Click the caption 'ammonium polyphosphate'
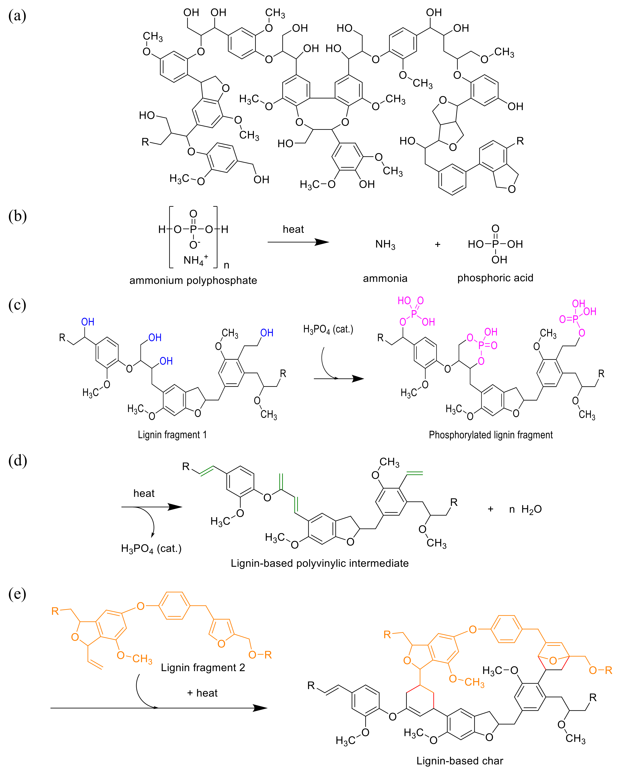tap(193, 280)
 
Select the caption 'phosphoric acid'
tap(495, 278)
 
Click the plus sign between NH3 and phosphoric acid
tap(437, 244)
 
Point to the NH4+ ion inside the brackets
tap(195, 260)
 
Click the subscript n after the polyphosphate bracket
tap(226, 265)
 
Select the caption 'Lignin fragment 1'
tap(172, 435)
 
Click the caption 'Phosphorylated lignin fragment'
tap(491, 435)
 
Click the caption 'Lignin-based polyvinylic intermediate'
tap(320, 563)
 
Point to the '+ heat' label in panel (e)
tap(202, 693)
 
